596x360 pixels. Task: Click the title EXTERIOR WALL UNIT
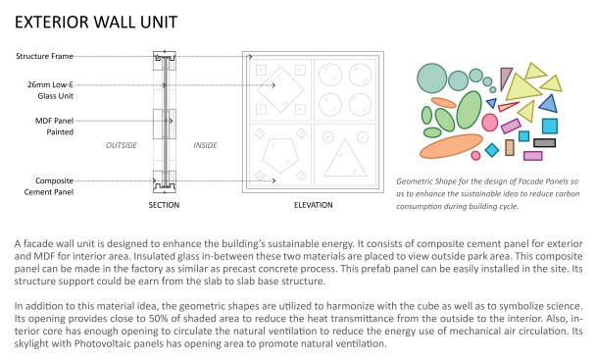click(x=96, y=23)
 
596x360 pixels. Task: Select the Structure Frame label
click(x=44, y=56)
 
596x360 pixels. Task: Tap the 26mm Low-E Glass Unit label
click(x=50, y=90)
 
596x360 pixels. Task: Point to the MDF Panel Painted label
click(x=54, y=127)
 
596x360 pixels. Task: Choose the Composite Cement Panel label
click(x=49, y=186)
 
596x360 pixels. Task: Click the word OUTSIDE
click(x=122, y=145)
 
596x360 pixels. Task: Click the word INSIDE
click(x=205, y=145)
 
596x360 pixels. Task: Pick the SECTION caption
click(x=164, y=205)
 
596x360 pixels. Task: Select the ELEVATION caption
click(x=314, y=205)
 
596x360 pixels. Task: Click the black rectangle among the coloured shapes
click(x=544, y=142)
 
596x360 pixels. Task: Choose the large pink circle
click(x=489, y=123)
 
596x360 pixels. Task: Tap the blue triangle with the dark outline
click(x=549, y=104)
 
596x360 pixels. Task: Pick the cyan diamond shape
click(x=491, y=150)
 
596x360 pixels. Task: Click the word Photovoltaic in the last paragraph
click(x=102, y=343)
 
